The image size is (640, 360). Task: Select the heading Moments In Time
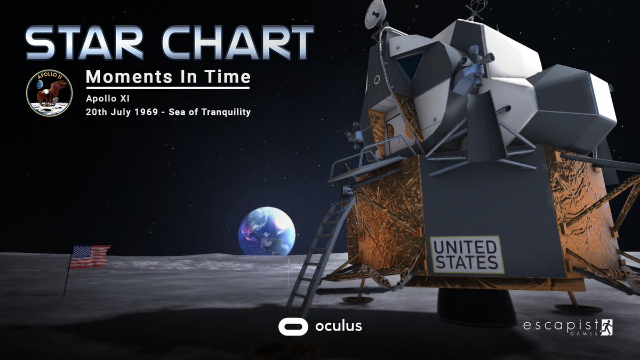click(168, 77)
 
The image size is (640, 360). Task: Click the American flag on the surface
click(90, 257)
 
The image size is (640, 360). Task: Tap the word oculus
click(338, 326)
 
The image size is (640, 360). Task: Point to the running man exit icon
click(607, 326)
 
